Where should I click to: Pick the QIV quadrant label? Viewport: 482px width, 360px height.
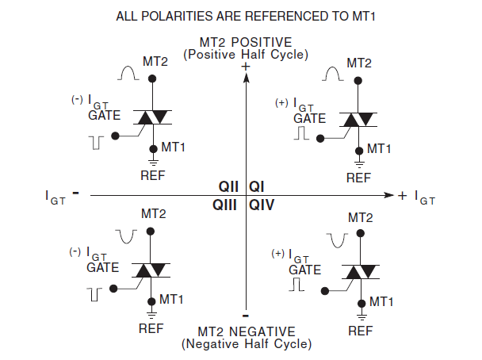coord(262,205)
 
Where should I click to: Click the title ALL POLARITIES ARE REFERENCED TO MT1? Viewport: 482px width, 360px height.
coord(245,16)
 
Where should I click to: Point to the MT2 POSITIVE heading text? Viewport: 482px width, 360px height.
coord(245,42)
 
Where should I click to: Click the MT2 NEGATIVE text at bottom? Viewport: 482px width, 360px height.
coord(246,331)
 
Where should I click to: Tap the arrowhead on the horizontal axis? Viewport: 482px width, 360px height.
coord(388,194)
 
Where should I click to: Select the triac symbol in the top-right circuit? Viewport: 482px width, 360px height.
coord(358,119)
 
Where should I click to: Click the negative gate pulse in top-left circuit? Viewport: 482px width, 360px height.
coord(97,142)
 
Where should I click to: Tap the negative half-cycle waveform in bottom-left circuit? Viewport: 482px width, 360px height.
coord(127,236)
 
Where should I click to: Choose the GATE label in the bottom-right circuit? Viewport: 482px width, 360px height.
coord(304,269)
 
